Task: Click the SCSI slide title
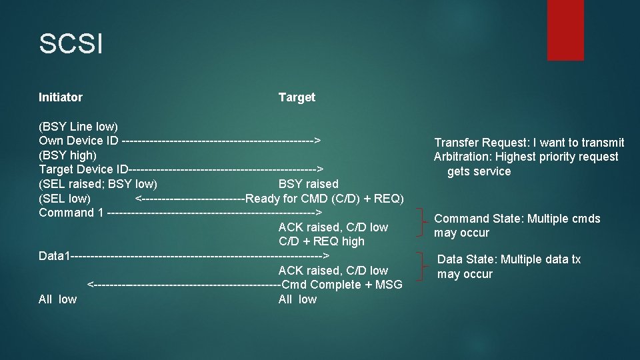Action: coord(71,45)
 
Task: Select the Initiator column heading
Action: coord(61,97)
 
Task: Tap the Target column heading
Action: coord(297,97)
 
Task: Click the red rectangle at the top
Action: coord(565,30)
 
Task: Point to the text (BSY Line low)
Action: coord(78,126)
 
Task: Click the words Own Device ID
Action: coord(79,141)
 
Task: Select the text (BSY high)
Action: coord(67,155)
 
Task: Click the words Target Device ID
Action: coord(83,169)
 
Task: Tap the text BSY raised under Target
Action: coord(308,184)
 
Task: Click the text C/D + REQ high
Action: coord(321,241)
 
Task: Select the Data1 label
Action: coord(53,256)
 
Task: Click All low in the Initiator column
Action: coord(57,299)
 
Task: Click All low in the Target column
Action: coord(297,299)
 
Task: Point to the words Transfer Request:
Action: coord(475,142)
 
